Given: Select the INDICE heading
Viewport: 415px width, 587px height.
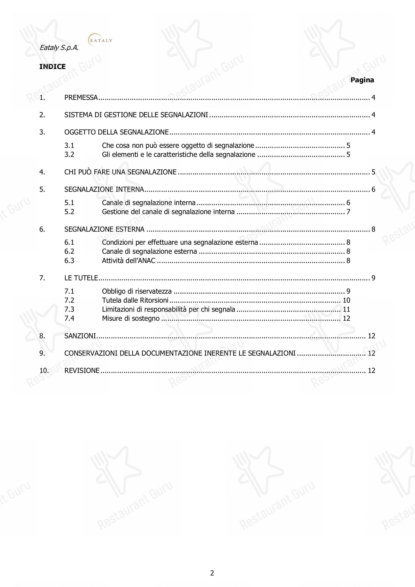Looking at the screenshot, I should pyautogui.click(x=52, y=67).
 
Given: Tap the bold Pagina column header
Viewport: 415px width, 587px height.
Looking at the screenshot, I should pyautogui.click(x=362, y=80).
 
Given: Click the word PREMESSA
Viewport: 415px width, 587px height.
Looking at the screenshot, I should pyautogui.click(x=81, y=98).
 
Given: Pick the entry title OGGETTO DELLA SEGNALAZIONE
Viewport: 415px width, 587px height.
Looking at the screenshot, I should pyautogui.click(x=116, y=132).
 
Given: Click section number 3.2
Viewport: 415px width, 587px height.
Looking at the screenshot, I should pyautogui.click(x=69, y=155).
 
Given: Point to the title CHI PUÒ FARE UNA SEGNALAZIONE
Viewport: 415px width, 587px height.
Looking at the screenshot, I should pyautogui.click(x=120, y=172).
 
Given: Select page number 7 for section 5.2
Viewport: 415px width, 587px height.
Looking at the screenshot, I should pyautogui.click(x=348, y=212).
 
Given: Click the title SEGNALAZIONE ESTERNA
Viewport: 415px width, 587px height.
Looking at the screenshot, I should pyautogui.click(x=104, y=229).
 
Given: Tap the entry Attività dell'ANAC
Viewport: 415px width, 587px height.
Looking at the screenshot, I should pyautogui.click(x=128, y=261).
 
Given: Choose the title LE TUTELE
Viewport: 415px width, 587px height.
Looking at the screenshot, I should pyautogui.click(x=81, y=278).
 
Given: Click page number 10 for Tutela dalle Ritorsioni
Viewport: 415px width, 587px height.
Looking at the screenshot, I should pyautogui.click(x=346, y=300).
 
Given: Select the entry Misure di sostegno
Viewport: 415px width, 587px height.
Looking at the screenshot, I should pyautogui.click(x=130, y=318).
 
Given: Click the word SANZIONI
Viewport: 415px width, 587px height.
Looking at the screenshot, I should pyautogui.click(x=80, y=336).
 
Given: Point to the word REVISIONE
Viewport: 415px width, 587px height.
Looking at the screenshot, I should pyautogui.click(x=82, y=371).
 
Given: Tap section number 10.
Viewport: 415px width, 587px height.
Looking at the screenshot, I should pyautogui.click(x=44, y=371).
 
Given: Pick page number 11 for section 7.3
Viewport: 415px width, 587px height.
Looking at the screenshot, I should pyautogui.click(x=346, y=309).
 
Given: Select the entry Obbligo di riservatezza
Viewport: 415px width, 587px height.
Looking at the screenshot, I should pyautogui.click(x=137, y=291).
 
